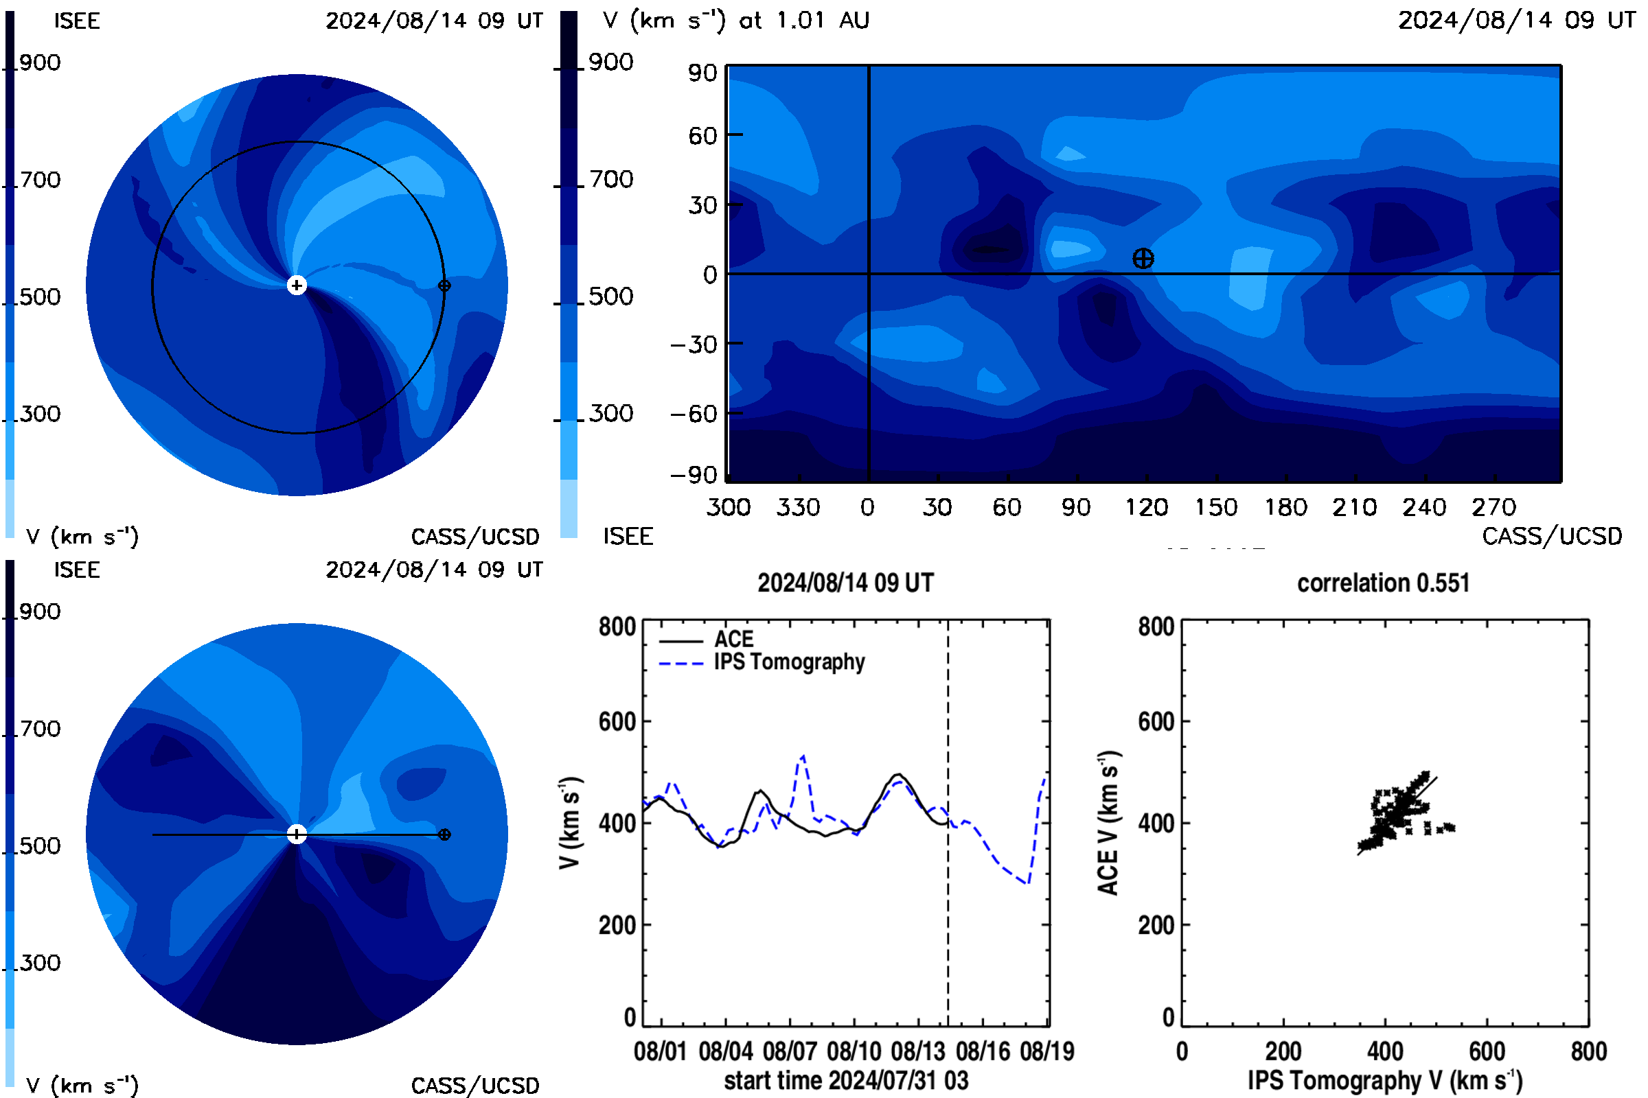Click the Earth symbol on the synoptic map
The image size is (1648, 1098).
1143,259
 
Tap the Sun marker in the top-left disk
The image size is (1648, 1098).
297,285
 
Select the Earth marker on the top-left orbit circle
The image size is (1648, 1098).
444,285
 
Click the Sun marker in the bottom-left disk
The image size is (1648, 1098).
297,834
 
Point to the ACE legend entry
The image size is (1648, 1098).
707,640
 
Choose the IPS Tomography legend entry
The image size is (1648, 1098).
762,662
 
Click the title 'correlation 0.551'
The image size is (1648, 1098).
1383,583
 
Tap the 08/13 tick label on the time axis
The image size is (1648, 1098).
918,1051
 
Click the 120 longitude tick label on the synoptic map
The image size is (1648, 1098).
1146,507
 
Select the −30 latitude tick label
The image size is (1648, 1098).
694,344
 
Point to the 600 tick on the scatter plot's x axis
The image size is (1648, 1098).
1487,1051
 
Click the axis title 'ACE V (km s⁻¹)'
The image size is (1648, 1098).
1108,823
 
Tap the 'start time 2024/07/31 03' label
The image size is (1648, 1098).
847,1080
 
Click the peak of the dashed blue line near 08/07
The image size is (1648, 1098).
803,756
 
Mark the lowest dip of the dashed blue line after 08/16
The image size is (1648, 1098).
1027,884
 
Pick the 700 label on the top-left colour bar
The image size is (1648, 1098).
40,180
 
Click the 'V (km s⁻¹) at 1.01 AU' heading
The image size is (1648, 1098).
736,21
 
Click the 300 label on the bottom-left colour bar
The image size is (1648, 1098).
40,963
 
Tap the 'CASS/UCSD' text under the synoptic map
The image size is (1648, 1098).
1552,537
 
